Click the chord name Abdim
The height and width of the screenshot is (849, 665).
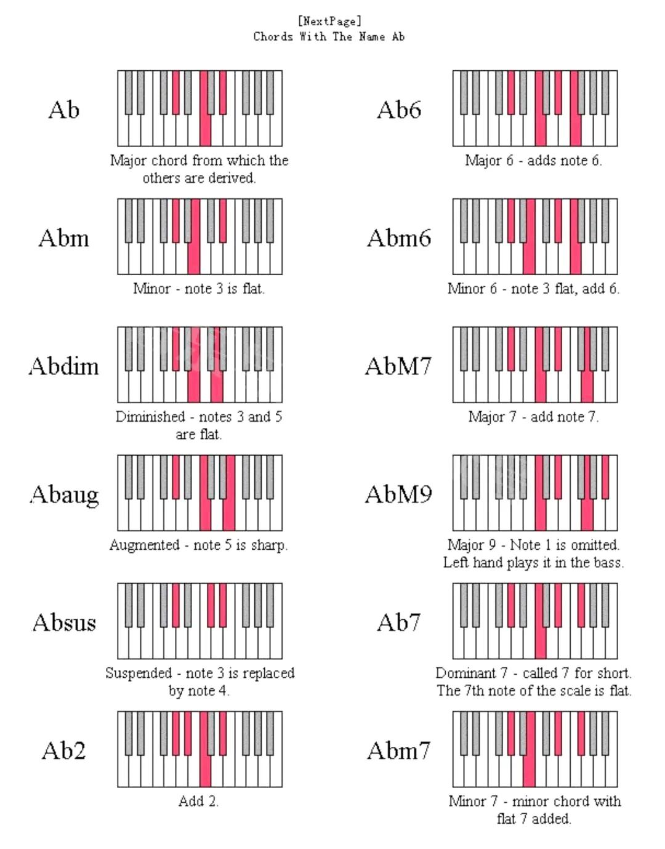tap(63, 366)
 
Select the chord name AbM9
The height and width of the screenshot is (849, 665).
tap(398, 494)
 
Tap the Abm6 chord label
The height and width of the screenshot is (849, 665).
tap(399, 238)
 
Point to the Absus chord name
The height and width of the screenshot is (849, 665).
tap(64, 622)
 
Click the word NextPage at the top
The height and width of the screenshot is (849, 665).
tap(329, 22)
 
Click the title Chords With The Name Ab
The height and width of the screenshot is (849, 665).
tap(329, 37)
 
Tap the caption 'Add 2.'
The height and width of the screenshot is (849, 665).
tap(198, 801)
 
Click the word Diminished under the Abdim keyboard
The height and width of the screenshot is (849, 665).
tap(150, 417)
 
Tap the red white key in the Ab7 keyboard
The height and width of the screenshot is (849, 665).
tap(541, 643)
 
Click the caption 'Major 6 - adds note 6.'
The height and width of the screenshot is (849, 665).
tap(533, 161)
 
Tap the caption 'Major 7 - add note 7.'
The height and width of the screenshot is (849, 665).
tap(533, 417)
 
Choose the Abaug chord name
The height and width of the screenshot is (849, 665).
tap(64, 494)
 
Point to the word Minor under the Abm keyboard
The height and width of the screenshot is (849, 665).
tap(151, 289)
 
